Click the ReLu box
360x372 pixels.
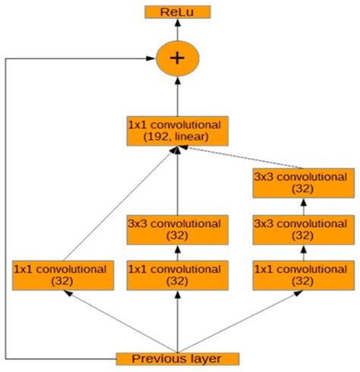pyautogui.click(x=177, y=12)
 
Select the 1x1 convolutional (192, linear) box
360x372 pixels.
pyautogui.click(x=177, y=130)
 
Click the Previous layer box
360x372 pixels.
pyautogui.click(x=177, y=358)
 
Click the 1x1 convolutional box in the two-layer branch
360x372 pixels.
pyautogui.click(x=177, y=274)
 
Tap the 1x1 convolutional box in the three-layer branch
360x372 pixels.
pyautogui.click(x=303, y=274)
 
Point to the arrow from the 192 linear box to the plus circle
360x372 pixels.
pyautogui.click(x=177, y=95)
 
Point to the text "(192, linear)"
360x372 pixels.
pyautogui.click(x=177, y=137)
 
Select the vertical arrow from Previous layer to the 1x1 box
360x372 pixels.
pyautogui.click(x=177, y=319)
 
